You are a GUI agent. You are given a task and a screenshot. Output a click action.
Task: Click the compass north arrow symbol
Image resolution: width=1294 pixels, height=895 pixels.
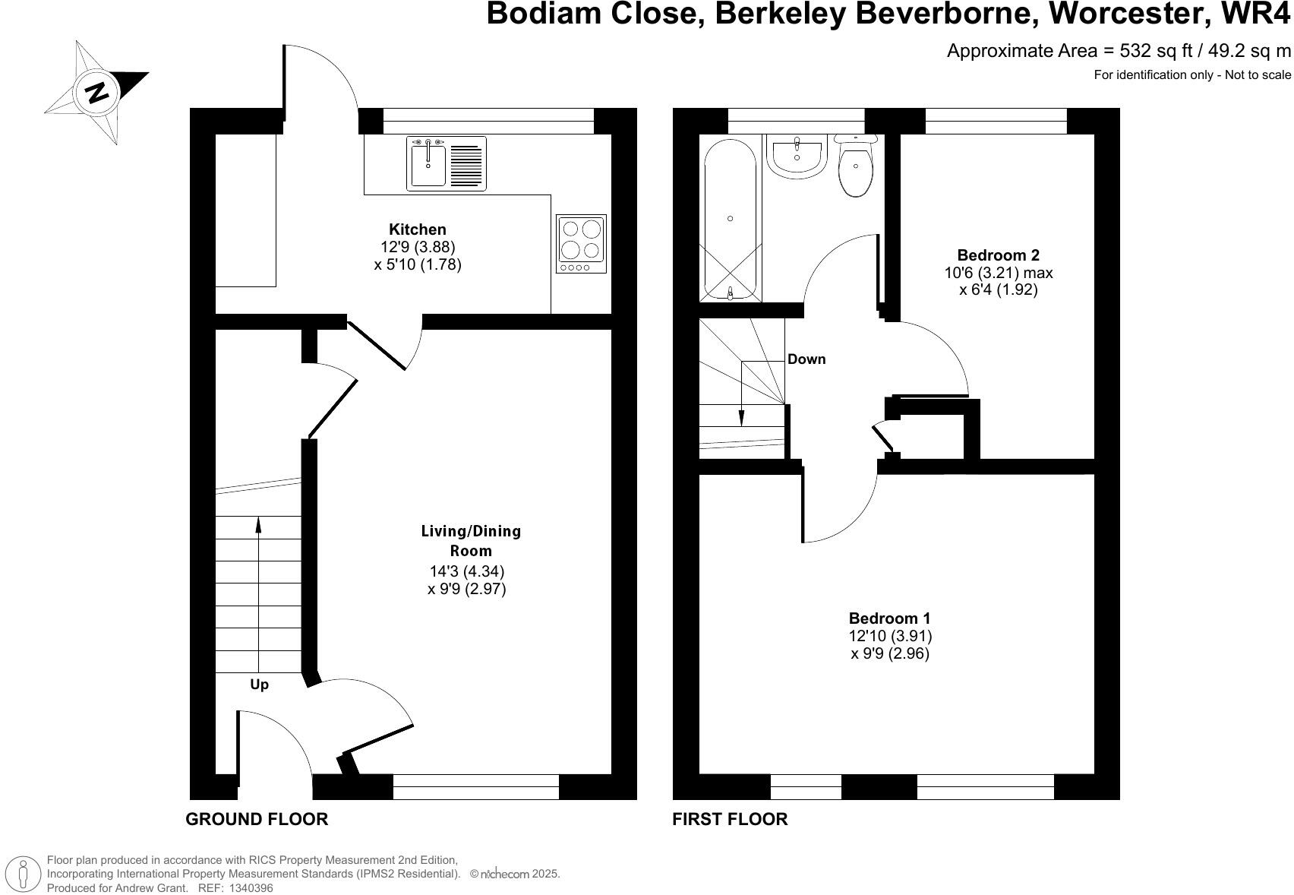point(96,92)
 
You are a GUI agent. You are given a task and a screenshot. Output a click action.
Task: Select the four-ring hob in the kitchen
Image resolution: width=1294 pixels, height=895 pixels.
point(582,244)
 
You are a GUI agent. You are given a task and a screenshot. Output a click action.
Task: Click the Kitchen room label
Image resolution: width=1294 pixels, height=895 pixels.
point(417,229)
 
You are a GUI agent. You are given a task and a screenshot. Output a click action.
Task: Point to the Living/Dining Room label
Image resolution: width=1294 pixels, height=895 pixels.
point(471,540)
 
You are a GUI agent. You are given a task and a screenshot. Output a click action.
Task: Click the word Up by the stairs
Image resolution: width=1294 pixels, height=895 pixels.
point(259,685)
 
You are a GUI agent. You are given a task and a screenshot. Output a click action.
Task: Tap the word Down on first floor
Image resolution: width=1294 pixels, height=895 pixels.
point(806,359)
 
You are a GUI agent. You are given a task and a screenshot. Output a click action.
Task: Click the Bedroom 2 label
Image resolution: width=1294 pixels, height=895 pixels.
point(998,255)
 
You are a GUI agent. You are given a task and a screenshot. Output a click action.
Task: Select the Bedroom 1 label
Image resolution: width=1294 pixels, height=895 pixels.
point(889,618)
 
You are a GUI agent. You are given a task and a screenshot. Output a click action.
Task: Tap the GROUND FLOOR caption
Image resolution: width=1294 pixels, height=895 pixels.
point(257,819)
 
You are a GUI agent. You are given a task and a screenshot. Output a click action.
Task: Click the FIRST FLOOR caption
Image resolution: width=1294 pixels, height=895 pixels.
point(730,819)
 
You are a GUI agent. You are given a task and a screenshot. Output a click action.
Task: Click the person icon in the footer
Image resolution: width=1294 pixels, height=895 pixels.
point(27,874)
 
